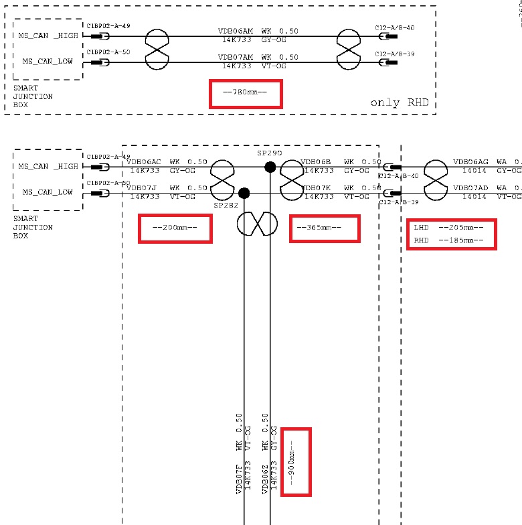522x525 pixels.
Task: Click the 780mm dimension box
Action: [246, 94]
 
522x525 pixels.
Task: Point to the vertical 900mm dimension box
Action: [296, 462]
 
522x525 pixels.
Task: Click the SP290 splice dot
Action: [270, 167]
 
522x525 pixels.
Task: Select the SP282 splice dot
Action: [244, 194]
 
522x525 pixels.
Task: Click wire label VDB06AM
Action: [236, 31]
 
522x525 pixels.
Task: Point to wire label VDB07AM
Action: [236, 58]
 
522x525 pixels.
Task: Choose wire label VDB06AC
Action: [145, 162]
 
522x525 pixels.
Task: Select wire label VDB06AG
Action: [470, 162]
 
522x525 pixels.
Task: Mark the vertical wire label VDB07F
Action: [238, 479]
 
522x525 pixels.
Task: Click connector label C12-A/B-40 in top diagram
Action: [395, 27]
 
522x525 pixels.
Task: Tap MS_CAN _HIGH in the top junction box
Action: [49, 35]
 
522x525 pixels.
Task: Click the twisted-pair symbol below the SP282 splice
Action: [257, 222]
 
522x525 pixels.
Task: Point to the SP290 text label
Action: [270, 153]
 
